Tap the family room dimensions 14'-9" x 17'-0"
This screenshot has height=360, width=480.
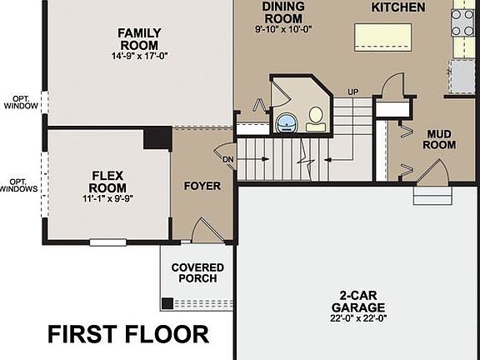(140, 57)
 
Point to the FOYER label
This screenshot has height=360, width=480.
(202, 186)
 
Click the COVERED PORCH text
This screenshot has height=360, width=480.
(197, 273)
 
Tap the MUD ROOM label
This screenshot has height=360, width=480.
(440, 139)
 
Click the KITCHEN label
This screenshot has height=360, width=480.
(397, 7)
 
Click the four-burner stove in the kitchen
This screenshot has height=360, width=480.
(463, 22)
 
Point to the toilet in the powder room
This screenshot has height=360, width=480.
(316, 120)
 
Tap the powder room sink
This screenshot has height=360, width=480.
(286, 122)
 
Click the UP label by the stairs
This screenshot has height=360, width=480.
(352, 92)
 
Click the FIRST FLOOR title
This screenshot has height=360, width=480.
(128, 335)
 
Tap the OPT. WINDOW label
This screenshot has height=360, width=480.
(19, 102)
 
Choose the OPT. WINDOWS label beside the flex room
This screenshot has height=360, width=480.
(19, 186)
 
